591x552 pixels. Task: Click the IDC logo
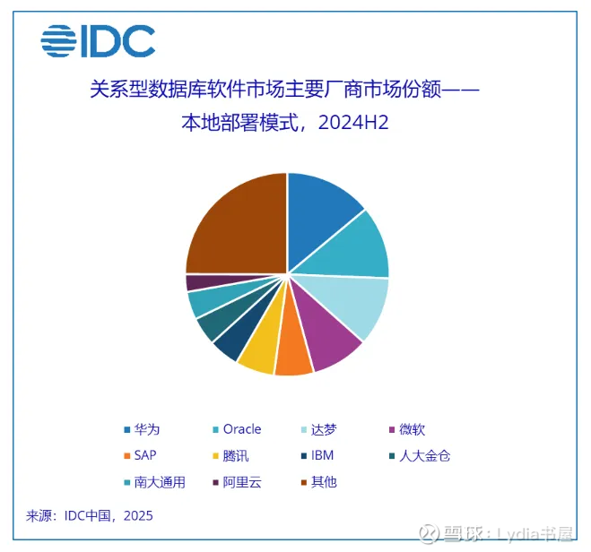pos(98,41)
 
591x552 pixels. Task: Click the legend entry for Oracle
pos(237,429)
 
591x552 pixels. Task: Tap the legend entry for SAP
pos(140,455)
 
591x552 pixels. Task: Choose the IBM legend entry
pos(317,455)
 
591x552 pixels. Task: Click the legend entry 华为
pos(142,429)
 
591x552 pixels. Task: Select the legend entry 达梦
pos(318,429)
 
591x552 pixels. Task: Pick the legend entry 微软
pos(407,429)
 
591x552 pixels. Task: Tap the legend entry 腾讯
pos(230,455)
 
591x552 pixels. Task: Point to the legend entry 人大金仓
pos(420,455)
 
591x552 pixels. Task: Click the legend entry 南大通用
pos(154,482)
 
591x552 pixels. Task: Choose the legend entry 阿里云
pos(237,482)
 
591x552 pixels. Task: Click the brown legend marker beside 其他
pos(304,482)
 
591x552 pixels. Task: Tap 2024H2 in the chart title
pos(353,123)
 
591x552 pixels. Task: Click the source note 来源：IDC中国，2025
pos(90,516)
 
